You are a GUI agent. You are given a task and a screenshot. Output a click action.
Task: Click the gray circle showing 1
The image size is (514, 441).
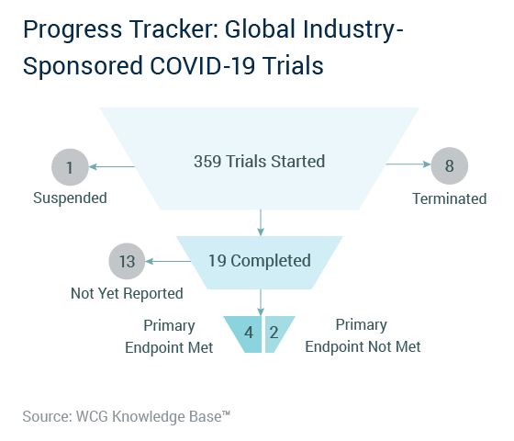[70, 167]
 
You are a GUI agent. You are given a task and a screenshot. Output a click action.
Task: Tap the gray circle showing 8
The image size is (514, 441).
[450, 165]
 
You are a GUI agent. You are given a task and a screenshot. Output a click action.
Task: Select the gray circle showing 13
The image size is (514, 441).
[127, 261]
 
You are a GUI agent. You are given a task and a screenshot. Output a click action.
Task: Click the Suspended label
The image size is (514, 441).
[70, 198]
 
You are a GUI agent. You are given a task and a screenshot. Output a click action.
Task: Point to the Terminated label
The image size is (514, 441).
[450, 198]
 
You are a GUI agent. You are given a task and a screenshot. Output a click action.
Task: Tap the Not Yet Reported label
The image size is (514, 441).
[127, 293]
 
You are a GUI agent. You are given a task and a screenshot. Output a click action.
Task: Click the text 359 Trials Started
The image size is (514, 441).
[259, 162]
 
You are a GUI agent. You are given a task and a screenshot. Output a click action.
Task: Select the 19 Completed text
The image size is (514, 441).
[260, 261]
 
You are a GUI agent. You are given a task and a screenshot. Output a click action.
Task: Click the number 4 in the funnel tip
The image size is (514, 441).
[249, 333]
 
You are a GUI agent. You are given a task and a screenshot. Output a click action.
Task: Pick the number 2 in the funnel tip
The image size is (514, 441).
[274, 333]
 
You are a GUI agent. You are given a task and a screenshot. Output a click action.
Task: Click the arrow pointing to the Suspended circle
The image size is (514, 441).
[112, 166]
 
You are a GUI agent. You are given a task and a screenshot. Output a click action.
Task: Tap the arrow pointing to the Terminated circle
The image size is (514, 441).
[408, 164]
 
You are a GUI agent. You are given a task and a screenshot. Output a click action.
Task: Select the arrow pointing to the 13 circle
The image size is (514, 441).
[168, 261]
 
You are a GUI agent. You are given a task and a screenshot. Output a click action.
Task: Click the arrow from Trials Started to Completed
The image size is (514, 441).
[261, 222]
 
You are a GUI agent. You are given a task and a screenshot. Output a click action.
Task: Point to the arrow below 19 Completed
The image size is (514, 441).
[261, 302]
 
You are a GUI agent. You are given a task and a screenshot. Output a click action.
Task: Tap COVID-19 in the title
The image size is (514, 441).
[202, 65]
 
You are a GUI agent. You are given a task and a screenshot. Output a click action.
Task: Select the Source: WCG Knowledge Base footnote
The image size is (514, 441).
[127, 416]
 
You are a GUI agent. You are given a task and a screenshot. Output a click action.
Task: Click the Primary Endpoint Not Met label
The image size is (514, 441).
[363, 335]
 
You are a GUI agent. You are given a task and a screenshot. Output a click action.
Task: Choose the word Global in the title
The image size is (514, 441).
[260, 28]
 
